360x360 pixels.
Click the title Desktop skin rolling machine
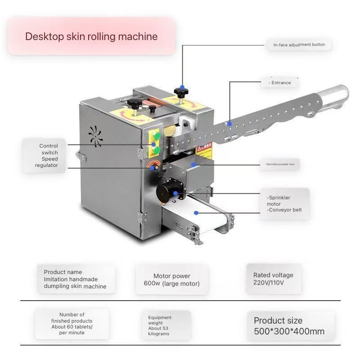click(x=91, y=36)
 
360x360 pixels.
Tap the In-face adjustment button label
click(x=299, y=45)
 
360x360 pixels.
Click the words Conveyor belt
click(x=285, y=210)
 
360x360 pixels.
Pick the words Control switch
click(x=49, y=149)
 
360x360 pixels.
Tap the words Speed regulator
click(x=47, y=162)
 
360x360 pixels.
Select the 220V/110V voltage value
click(x=268, y=283)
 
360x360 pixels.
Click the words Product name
click(x=63, y=272)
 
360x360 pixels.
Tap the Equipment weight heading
click(x=160, y=320)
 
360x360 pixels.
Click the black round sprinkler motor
click(x=167, y=191)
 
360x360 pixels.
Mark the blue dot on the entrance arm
click(x=229, y=123)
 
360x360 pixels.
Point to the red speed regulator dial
click(x=153, y=166)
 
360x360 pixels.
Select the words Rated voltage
click(x=273, y=275)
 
